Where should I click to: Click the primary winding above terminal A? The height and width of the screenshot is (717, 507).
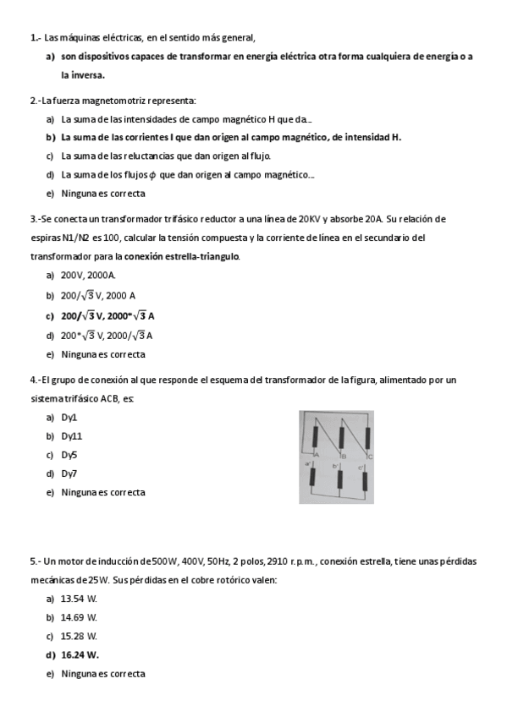click(x=315, y=437)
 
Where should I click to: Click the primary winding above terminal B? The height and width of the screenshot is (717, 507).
click(x=340, y=437)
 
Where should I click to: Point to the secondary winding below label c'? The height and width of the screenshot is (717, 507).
click(x=366, y=479)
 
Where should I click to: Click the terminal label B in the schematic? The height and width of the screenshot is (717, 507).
click(x=344, y=457)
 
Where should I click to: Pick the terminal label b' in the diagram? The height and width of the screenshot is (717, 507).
click(x=335, y=466)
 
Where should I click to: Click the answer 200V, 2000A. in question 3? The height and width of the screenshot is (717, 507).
click(x=88, y=276)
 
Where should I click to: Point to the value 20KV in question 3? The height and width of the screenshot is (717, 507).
click(x=308, y=218)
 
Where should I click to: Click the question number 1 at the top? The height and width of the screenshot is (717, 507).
click(x=33, y=38)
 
